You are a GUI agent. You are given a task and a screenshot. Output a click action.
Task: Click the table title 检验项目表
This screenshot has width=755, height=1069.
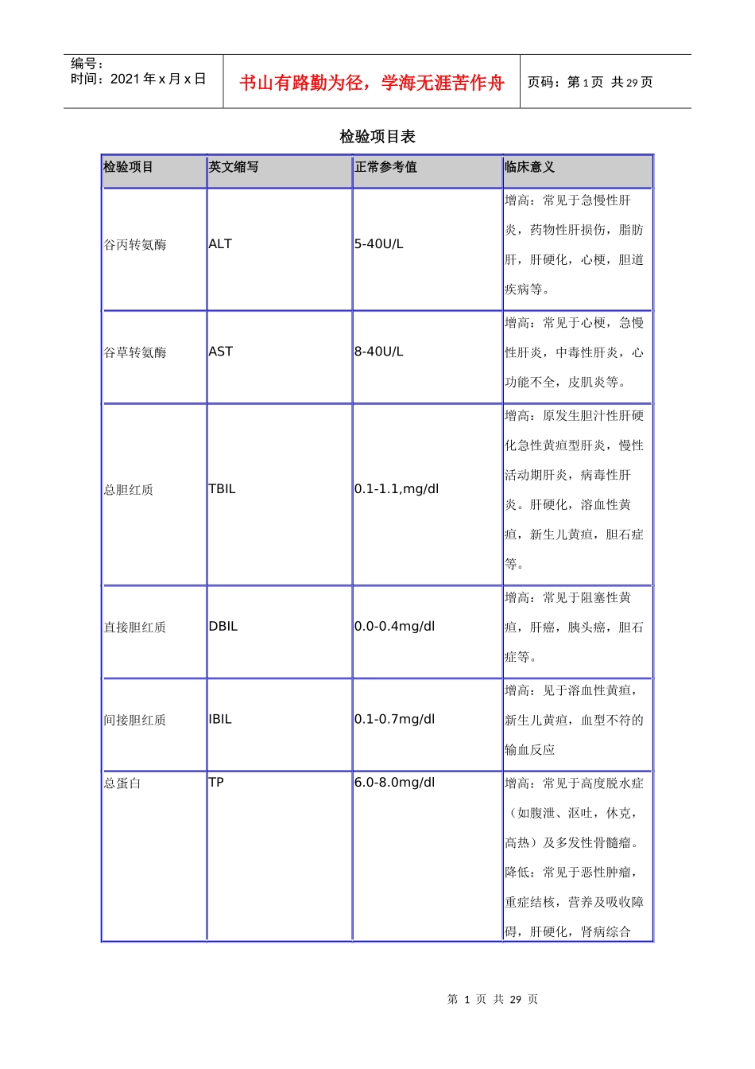(377, 137)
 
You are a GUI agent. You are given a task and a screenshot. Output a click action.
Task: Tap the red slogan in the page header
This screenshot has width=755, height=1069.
(372, 83)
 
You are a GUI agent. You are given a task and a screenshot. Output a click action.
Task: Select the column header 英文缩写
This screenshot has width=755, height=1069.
(234, 167)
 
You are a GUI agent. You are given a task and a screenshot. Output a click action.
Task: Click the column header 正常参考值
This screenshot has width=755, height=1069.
(385, 167)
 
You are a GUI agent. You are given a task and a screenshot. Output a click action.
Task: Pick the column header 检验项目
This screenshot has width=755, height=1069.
(128, 167)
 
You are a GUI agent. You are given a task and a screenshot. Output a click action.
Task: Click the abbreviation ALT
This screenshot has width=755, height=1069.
(220, 244)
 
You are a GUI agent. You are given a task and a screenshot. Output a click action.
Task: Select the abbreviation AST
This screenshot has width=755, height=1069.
(220, 352)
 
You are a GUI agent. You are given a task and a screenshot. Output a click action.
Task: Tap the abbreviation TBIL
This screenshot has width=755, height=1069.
(222, 489)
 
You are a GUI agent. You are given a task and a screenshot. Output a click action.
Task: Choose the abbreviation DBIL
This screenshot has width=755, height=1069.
(223, 627)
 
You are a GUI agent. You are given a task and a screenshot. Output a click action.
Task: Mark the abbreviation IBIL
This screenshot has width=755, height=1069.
(220, 720)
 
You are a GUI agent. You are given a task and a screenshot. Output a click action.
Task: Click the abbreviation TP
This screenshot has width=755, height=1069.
(216, 783)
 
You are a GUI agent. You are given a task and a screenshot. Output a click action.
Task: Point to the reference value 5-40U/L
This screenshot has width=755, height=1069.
(379, 244)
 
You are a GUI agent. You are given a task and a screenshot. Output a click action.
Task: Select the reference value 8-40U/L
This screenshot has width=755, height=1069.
(379, 352)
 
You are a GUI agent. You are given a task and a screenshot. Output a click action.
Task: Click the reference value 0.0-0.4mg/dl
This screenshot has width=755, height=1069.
(395, 627)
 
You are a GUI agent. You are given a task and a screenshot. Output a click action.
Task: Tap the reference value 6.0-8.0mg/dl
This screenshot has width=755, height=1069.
(395, 783)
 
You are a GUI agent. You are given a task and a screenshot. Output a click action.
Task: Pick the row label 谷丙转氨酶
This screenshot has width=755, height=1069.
(135, 245)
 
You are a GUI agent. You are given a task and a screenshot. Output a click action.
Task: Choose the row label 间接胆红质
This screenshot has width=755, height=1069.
(135, 721)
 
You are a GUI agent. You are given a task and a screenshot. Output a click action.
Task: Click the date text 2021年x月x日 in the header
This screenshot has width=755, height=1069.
(158, 79)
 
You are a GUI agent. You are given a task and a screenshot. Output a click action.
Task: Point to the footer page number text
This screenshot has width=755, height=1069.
(493, 999)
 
